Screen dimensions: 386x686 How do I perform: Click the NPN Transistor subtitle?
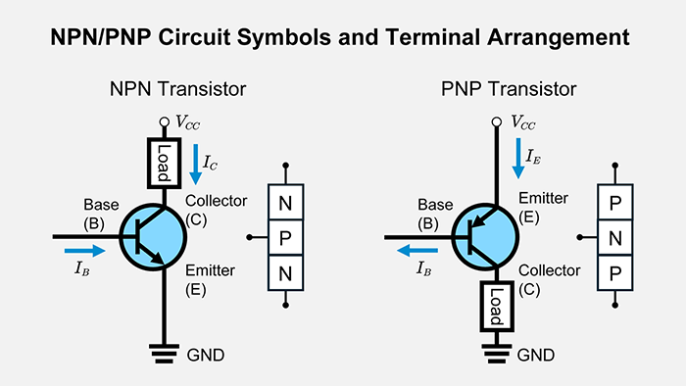click(x=176, y=90)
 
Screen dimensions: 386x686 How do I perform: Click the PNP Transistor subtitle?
click(x=509, y=90)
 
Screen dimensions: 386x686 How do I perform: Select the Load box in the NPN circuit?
click(x=161, y=161)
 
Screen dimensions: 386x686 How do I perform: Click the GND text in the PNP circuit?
click(x=533, y=355)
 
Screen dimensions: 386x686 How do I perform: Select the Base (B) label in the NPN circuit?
click(x=102, y=213)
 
